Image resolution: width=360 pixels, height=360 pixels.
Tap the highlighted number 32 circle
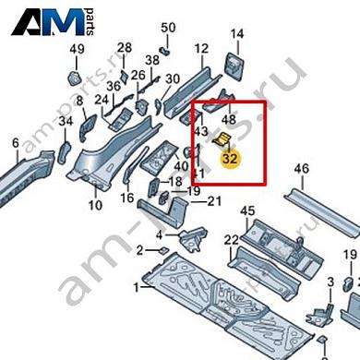(x=231, y=158)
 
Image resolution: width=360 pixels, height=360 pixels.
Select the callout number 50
(x=167, y=28)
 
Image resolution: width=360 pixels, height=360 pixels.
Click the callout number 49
(x=77, y=48)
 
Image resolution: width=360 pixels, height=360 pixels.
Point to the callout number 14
(x=235, y=35)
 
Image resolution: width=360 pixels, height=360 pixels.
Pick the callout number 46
(x=301, y=169)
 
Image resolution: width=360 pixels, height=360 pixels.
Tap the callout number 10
(x=94, y=204)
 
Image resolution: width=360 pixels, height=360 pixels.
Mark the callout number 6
(x=15, y=143)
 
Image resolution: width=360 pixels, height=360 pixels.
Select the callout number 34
(x=65, y=121)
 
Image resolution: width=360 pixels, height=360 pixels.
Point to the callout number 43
(x=200, y=133)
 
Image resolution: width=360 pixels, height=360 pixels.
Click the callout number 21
(x=213, y=201)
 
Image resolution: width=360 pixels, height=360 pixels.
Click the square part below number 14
(x=234, y=66)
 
